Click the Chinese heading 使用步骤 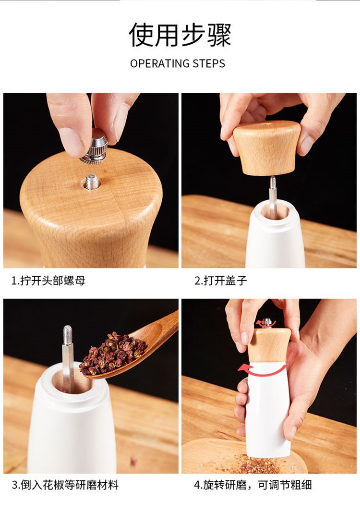[180, 35]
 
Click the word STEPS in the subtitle [209, 63]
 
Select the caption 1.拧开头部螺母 [48, 281]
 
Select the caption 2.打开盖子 [221, 281]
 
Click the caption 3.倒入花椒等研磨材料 [65, 485]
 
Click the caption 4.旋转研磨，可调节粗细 [253, 485]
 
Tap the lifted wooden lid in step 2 [267, 148]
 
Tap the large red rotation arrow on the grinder [262, 370]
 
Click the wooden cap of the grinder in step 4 [269, 345]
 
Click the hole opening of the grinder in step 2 [275, 211]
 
